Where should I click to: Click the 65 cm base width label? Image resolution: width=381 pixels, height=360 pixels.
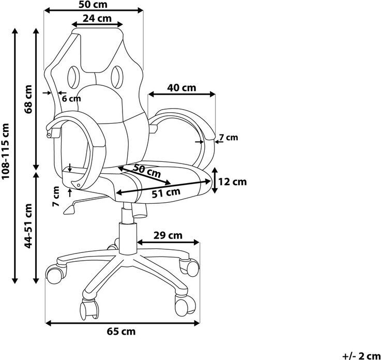click(x=121, y=332)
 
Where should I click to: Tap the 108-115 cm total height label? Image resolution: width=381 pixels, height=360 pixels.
click(x=5, y=151)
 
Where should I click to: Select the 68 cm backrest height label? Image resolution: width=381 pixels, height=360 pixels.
click(x=28, y=99)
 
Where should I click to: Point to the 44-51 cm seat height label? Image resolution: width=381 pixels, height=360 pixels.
click(x=28, y=226)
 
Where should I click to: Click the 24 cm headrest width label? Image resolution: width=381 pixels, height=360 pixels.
click(x=97, y=18)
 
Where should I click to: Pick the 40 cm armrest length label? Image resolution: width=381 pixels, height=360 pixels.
click(x=181, y=87)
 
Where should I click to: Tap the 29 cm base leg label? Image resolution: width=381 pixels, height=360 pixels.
click(x=167, y=235)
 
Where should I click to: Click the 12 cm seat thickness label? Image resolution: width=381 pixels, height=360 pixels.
click(x=233, y=182)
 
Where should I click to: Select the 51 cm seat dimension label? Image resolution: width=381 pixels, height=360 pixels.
click(x=166, y=193)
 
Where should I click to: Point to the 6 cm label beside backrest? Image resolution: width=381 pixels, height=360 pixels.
click(x=71, y=99)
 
